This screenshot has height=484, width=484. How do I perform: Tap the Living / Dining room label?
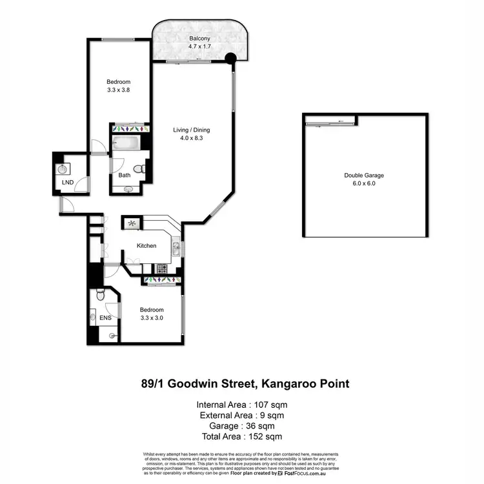coord(192,130)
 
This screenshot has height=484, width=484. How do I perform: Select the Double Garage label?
coord(365,175)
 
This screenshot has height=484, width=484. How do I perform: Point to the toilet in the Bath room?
coord(145,169)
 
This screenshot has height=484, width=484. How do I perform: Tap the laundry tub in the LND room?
coord(63,170)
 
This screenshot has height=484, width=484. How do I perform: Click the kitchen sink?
coord(175,247)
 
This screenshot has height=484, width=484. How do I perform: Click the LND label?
coord(67,183)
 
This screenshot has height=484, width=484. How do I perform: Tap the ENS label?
coord(106,318)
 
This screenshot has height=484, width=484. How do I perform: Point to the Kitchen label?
coord(146,246)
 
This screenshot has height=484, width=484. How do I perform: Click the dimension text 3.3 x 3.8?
coord(119,90)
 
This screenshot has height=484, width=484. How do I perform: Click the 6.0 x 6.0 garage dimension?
coord(365,184)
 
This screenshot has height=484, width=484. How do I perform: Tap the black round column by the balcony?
coord(230,59)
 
